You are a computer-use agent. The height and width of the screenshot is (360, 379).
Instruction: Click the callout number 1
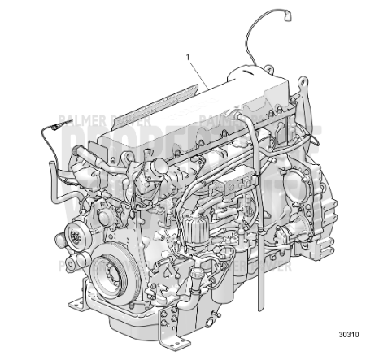188,57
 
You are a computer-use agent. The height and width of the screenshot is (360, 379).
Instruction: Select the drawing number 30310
349,335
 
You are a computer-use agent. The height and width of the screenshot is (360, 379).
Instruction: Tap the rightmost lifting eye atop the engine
302,84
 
